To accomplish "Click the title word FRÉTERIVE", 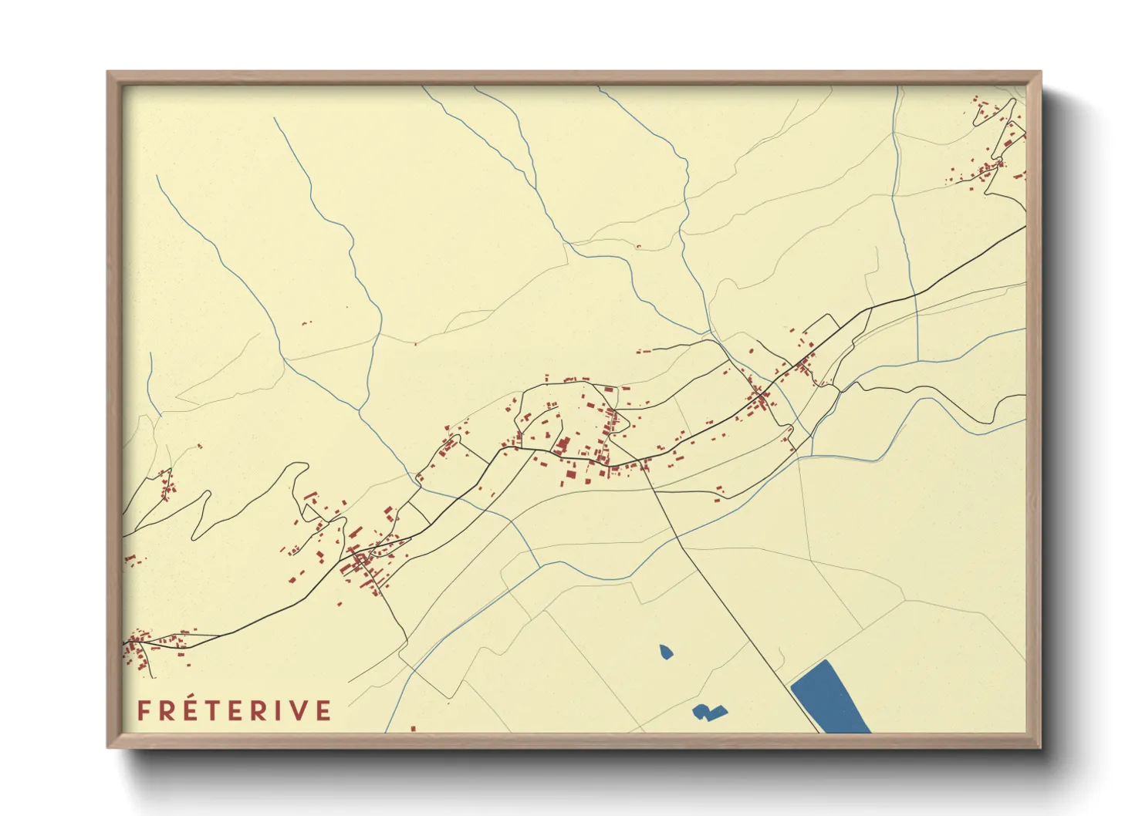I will tap(235, 710).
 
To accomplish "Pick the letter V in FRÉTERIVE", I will tap(300, 710).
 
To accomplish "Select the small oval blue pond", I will tap(666, 652).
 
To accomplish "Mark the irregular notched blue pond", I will tap(708, 712).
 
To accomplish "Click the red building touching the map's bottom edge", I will tap(413, 728).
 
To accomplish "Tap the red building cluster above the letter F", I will tap(139, 648).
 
